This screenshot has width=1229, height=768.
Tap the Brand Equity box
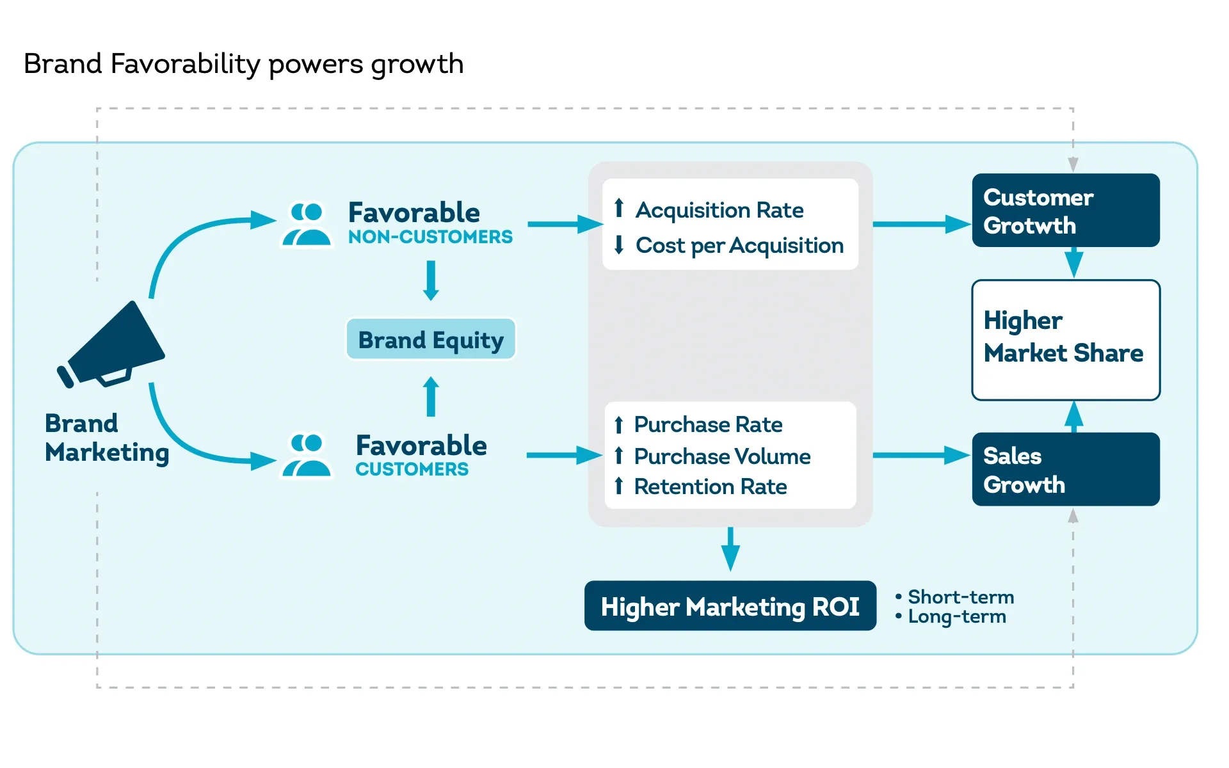(x=431, y=339)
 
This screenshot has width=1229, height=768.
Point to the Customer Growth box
(x=1065, y=211)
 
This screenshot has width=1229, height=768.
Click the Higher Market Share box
(x=1065, y=340)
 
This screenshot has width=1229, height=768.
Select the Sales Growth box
(x=1065, y=469)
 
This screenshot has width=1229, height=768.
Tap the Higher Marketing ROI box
(x=730, y=605)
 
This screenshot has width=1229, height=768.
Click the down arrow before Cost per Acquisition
(x=618, y=245)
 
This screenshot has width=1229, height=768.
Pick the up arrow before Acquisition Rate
(x=618, y=208)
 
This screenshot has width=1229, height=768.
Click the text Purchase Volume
(x=722, y=456)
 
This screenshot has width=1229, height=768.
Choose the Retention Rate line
(x=710, y=486)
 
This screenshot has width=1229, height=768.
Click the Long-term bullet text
(x=956, y=616)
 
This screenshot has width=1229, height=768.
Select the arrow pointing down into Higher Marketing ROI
(x=730, y=550)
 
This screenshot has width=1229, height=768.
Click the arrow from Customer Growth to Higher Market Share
(x=1073, y=263)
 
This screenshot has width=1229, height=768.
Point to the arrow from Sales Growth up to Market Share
(x=1073, y=417)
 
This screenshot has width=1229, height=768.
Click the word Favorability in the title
(x=185, y=64)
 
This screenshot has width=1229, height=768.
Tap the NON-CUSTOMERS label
(x=430, y=237)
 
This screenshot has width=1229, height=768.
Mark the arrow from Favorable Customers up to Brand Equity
(x=431, y=396)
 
